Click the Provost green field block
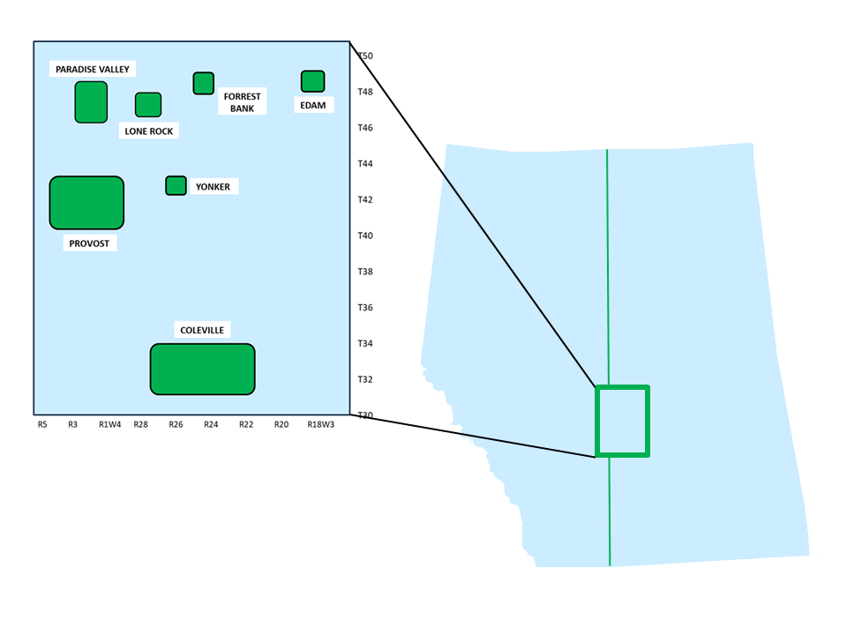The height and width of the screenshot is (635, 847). [86, 203]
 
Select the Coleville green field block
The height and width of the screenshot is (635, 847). [202, 369]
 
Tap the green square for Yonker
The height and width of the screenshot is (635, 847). [176, 185]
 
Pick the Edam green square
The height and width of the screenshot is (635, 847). [312, 81]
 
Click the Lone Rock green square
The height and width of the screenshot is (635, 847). [148, 104]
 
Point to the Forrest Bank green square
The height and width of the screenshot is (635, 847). [204, 83]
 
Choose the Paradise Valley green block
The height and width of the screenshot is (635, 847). [91, 102]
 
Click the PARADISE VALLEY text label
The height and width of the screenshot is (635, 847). [92, 69]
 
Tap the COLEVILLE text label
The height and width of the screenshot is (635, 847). [202, 330]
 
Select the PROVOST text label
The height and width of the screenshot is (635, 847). [90, 243]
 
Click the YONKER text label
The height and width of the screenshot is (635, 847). [213, 187]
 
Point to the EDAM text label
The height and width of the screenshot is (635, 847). [313, 106]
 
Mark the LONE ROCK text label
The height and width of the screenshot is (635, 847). [149, 131]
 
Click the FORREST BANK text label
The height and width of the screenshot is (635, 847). [242, 102]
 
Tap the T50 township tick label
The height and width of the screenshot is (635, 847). [365, 56]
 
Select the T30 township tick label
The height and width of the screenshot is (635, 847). [365, 415]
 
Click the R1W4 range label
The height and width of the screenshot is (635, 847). [110, 425]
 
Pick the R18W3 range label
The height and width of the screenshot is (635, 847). [320, 425]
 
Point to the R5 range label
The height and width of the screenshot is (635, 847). [42, 425]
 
